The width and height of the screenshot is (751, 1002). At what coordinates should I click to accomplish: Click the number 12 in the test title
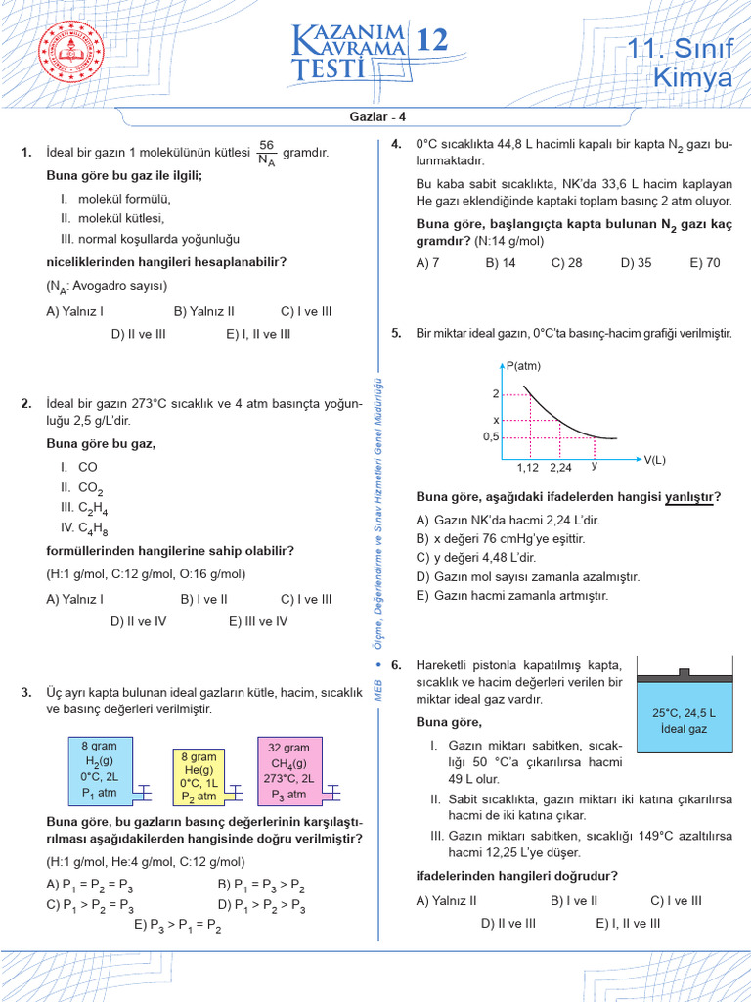[x=433, y=40]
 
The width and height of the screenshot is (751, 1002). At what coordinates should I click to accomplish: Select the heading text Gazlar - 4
[x=375, y=117]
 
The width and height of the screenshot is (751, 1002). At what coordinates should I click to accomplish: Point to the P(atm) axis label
[x=524, y=366]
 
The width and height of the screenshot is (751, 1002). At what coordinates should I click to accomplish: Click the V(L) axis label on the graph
[x=654, y=459]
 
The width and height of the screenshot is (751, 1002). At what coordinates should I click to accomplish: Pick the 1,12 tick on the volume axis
[x=528, y=468]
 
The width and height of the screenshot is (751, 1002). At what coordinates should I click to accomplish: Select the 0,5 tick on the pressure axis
[x=491, y=437]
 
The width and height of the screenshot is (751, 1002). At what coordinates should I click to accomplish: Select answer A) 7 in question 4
[x=427, y=262]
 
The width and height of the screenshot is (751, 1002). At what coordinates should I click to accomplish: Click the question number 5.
[x=396, y=334]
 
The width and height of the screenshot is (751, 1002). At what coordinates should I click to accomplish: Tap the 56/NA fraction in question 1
[x=267, y=153]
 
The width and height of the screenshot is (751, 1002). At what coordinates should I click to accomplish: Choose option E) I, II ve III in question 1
[x=258, y=334]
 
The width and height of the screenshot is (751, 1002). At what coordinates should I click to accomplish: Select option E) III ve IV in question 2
[x=258, y=620]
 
